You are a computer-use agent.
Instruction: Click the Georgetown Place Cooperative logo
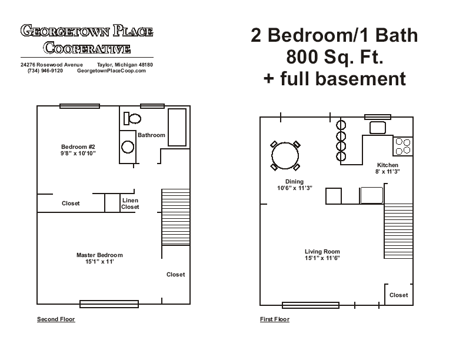(x=87, y=39)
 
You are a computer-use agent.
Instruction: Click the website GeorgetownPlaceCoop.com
(x=111, y=71)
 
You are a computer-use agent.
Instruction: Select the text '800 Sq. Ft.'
(x=334, y=57)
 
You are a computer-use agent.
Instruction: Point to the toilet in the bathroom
(x=132, y=119)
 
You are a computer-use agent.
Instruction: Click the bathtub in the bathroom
(x=177, y=126)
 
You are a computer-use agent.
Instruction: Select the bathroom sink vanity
(x=128, y=146)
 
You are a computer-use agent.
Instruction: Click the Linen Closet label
(x=130, y=204)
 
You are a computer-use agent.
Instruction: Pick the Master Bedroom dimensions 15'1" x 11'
(x=99, y=262)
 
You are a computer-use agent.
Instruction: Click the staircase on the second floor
(x=175, y=217)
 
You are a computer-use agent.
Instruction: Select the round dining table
(x=285, y=156)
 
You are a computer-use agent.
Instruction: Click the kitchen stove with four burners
(x=403, y=146)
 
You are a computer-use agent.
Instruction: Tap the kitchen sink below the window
(x=377, y=128)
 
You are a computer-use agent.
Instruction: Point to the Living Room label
(x=322, y=252)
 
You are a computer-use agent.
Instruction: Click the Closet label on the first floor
(x=398, y=295)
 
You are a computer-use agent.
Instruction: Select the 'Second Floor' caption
(x=56, y=319)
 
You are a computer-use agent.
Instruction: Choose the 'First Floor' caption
(x=275, y=319)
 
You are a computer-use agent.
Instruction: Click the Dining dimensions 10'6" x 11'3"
(x=294, y=188)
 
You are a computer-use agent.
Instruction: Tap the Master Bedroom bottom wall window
(x=109, y=304)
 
